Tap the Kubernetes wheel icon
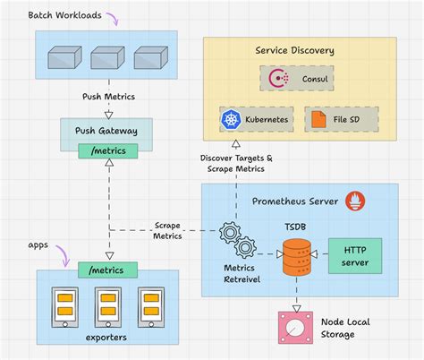[x=231, y=119]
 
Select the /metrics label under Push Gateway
[x=108, y=150]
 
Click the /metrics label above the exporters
[x=108, y=270]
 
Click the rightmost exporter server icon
[x=149, y=307]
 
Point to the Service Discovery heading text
[x=294, y=51]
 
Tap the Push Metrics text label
[x=108, y=97]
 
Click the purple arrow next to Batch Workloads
[x=112, y=17]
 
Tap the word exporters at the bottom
[x=106, y=337]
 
